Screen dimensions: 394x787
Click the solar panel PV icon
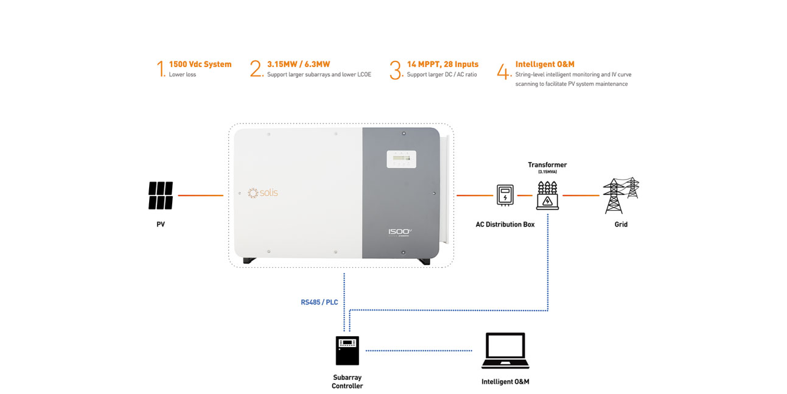point(161,195)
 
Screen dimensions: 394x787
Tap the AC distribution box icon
point(505,195)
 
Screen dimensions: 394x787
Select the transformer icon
point(547,195)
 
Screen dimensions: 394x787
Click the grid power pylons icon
point(620,195)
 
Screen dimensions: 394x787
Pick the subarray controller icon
point(347,351)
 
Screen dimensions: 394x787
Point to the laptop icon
point(505,351)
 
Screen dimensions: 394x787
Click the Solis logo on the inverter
point(262,193)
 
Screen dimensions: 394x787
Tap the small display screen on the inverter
point(401,159)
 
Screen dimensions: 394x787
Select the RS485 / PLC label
point(319,302)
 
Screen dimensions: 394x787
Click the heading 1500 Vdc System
point(200,64)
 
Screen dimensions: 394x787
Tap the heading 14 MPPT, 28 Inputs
point(442,64)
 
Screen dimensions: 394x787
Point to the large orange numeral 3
point(396,70)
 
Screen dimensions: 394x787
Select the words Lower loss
point(183,75)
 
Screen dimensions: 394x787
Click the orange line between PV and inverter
point(200,195)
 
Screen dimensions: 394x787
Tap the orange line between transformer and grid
point(580,195)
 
